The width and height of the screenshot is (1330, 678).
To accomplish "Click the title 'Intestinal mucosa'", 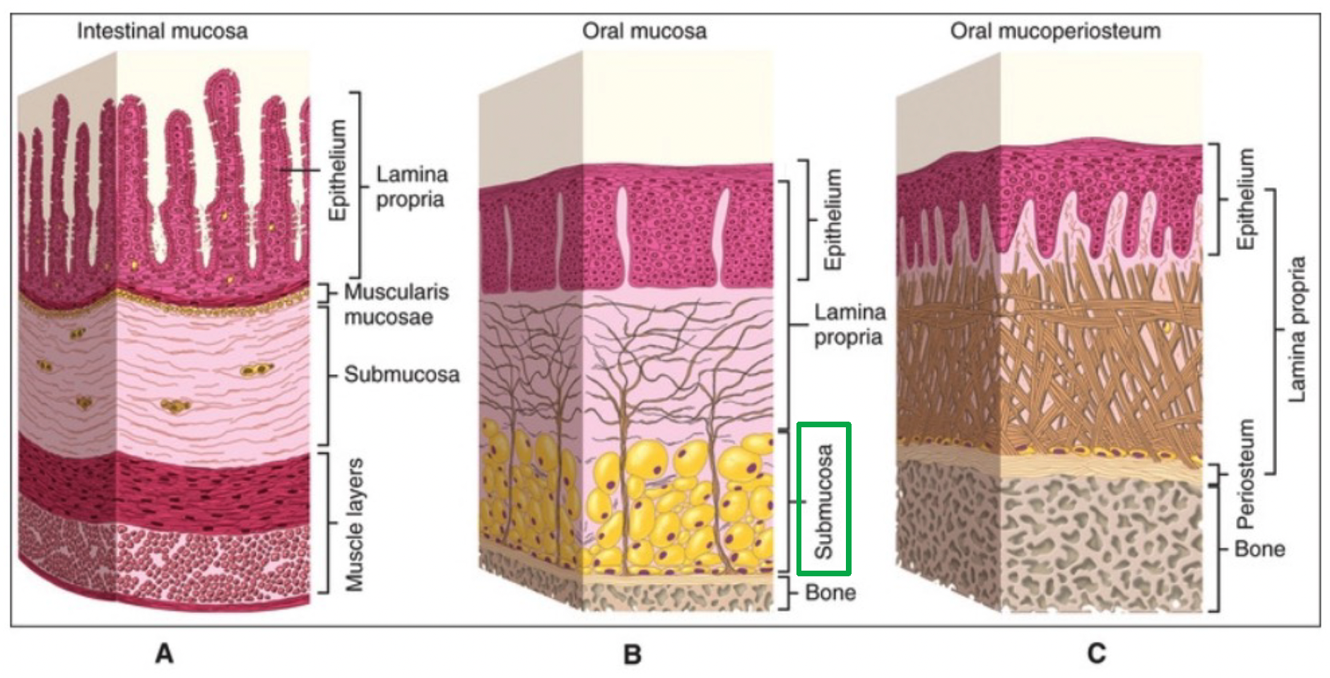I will tap(162, 31).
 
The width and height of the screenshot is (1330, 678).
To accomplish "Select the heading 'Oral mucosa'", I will tap(644, 31).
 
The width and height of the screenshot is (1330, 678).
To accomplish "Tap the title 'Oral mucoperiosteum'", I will tap(1055, 31).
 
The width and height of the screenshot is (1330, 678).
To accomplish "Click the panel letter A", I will tap(164, 653).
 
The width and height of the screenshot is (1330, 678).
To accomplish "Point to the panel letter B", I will tap(632, 655).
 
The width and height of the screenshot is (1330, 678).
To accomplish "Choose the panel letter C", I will tap(1096, 653).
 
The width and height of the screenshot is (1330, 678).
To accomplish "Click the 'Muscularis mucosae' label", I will tap(396, 304).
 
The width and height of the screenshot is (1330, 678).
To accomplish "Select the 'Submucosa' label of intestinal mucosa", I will tap(401, 374).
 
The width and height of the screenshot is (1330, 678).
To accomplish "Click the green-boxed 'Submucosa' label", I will tap(823, 500).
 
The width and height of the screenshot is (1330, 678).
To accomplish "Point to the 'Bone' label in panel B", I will tap(830, 592).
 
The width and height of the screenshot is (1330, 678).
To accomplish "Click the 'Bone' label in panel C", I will tap(1259, 549).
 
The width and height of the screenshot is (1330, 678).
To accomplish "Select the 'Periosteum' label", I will tap(1246, 474).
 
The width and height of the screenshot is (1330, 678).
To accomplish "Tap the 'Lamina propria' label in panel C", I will tap(1297, 329).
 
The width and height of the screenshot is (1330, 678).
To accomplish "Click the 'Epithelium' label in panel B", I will tap(833, 219).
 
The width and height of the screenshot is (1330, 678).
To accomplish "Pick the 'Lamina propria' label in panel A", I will tap(411, 186).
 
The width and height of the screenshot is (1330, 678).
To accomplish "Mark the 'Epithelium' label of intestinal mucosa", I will tap(339, 170).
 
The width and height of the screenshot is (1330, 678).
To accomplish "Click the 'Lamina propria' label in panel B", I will tap(849, 324).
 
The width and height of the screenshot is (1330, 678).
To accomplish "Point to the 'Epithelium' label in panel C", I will tap(1246, 198).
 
